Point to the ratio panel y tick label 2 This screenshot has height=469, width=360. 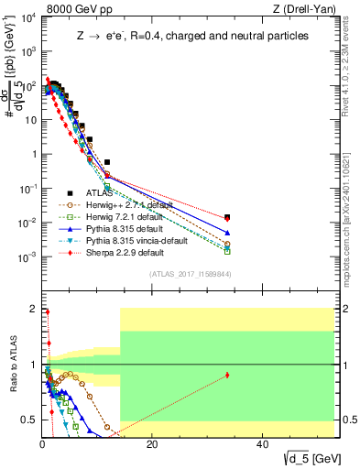coord(33,309)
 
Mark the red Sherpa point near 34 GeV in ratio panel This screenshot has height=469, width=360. coord(227,375)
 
